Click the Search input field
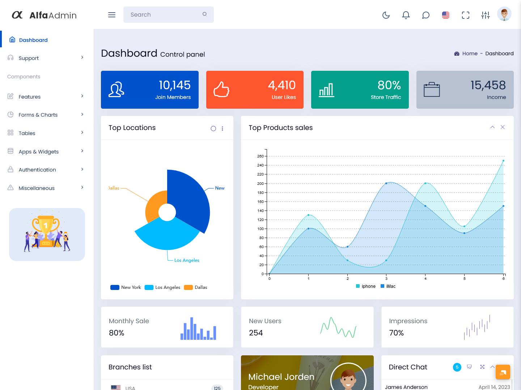[165, 14]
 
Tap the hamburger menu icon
[112, 15]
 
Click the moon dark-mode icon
[386, 15]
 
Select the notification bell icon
[406, 15]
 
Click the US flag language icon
[446, 15]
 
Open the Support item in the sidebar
[29, 58]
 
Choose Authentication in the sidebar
[37, 170]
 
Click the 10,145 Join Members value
[174, 85]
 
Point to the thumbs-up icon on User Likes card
[221, 90]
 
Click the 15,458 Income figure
[488, 85]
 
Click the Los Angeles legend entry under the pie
[162, 287]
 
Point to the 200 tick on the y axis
[260, 183]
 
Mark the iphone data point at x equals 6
[503, 161]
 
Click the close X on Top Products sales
[503, 127]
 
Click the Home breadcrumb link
[470, 53]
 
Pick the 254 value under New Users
[256, 333]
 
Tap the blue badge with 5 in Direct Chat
[457, 367]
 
